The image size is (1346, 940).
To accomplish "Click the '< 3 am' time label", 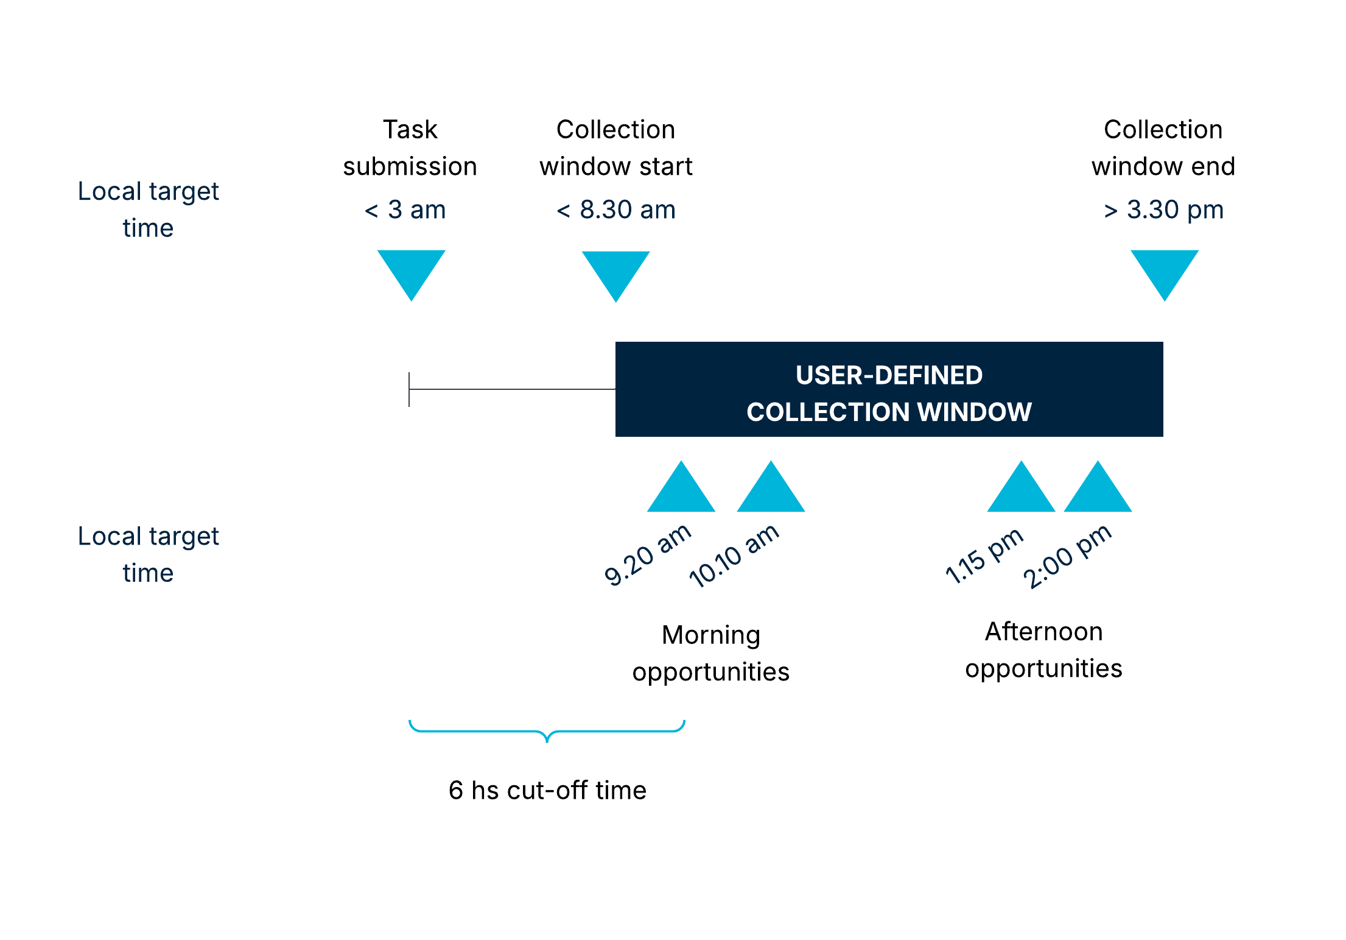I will tap(405, 210).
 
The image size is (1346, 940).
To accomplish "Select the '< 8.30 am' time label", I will tap(615, 210).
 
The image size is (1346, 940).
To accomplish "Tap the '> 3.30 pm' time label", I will tap(1163, 210).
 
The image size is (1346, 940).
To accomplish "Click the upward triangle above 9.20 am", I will tap(681, 492).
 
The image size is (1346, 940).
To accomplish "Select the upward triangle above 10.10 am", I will tap(771, 492).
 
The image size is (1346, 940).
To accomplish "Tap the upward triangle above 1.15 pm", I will tap(1021, 492).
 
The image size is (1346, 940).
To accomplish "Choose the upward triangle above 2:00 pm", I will tap(1098, 492).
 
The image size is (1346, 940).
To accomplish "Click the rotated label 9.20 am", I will tap(647, 555).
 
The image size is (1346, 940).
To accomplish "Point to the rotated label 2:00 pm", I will tap(1067, 557).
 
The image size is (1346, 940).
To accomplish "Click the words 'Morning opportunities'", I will tap(710, 653).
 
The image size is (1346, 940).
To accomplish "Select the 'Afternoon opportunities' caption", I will tap(1043, 650).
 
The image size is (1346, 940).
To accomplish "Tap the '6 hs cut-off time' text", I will tap(547, 790).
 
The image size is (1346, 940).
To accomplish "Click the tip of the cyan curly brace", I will tap(547, 740).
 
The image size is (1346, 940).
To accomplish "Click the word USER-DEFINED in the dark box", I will tap(889, 375).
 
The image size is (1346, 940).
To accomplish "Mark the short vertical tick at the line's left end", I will tap(409, 389).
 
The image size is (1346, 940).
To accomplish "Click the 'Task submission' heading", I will tap(410, 148).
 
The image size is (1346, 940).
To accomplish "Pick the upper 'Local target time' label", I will tap(148, 210).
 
